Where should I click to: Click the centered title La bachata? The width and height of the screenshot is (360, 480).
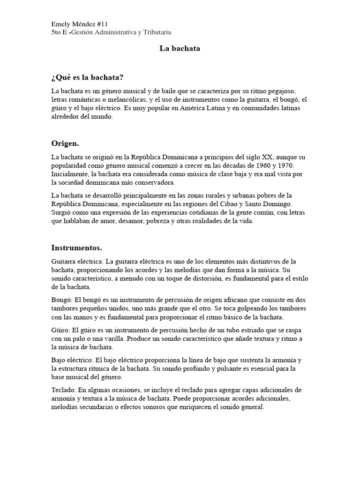[180, 48]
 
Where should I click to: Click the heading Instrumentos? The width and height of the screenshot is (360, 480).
[76, 247]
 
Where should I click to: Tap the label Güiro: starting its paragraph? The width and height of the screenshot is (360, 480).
[61, 330]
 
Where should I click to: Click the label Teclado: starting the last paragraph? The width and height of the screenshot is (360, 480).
[64, 390]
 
